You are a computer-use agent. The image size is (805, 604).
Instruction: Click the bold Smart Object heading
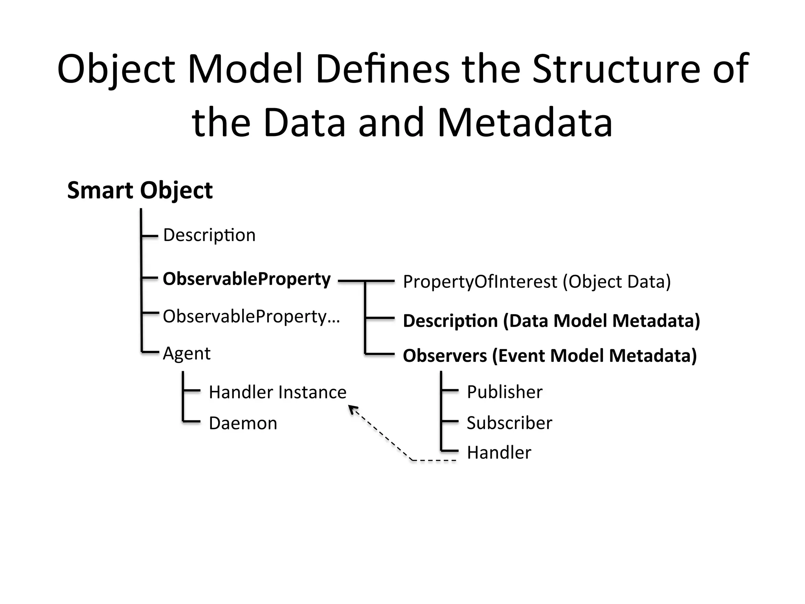point(140,191)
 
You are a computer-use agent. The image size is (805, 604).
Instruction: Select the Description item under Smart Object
point(209,235)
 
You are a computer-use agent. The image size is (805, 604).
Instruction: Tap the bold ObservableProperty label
point(246,279)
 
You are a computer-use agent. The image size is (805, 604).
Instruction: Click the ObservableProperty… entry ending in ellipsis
point(251,316)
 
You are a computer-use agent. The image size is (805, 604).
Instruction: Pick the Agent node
point(187,353)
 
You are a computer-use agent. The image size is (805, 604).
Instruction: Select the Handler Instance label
point(278,392)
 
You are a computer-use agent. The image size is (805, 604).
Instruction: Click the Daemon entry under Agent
point(243,423)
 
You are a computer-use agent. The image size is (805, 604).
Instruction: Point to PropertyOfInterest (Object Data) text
point(537,282)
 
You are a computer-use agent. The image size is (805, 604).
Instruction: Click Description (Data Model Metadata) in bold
point(551,320)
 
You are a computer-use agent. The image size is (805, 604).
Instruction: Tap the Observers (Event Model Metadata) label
point(550,355)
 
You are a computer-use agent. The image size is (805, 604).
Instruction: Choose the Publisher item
point(504,392)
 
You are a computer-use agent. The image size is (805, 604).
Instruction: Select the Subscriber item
point(509,423)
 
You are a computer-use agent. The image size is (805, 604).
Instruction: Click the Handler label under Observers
point(499,453)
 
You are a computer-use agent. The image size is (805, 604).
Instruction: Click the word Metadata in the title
point(525,122)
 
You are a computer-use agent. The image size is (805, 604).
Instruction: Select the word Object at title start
point(116,69)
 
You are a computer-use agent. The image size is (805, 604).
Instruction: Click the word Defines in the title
point(382,69)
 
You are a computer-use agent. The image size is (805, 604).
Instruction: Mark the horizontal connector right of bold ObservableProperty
point(366,281)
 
